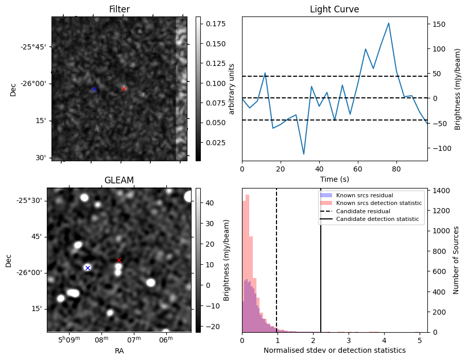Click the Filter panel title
click(119, 9)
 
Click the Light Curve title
click(334, 9)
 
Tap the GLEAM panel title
click(119, 180)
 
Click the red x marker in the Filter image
click(124, 89)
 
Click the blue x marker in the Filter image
click(94, 90)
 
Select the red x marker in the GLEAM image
click(119, 260)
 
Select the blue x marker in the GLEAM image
click(88, 268)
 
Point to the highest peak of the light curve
click(388, 23)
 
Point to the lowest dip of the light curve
click(304, 154)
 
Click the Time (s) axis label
click(334, 178)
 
